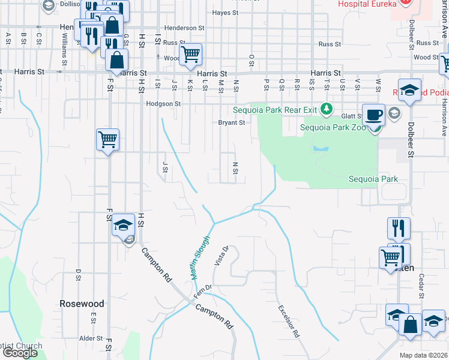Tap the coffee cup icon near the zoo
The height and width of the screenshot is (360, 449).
pyautogui.click(x=373, y=114)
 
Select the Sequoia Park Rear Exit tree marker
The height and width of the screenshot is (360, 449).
pyautogui.click(x=326, y=109)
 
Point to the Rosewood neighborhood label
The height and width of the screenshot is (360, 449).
pyautogui.click(x=82, y=304)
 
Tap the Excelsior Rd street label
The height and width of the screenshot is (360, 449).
pyautogui.click(x=288, y=321)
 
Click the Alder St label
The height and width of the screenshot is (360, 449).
pyautogui.click(x=91, y=338)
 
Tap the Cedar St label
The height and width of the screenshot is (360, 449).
pyautogui.click(x=421, y=286)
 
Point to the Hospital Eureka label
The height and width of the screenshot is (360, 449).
pyautogui.click(x=367, y=4)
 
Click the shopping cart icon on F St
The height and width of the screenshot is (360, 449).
pyautogui.click(x=107, y=140)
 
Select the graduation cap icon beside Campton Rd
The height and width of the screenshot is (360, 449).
pyautogui.click(x=123, y=225)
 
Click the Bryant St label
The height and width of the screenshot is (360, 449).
pyautogui.click(x=231, y=123)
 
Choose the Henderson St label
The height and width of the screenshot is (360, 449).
pyautogui.click(x=184, y=28)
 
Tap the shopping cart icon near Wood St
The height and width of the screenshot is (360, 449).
pyautogui.click(x=190, y=54)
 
